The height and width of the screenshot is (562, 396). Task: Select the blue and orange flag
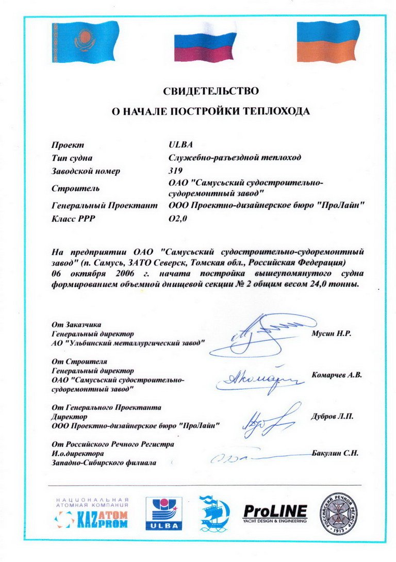tap(327, 41)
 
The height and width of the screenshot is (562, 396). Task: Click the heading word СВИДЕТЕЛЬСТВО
tap(210, 91)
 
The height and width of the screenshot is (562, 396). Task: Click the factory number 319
tap(175, 171)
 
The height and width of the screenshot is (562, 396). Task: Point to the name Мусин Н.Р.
tap(331, 334)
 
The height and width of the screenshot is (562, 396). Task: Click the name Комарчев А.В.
tap(337, 375)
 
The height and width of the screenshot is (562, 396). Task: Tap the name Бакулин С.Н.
tap(335, 453)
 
